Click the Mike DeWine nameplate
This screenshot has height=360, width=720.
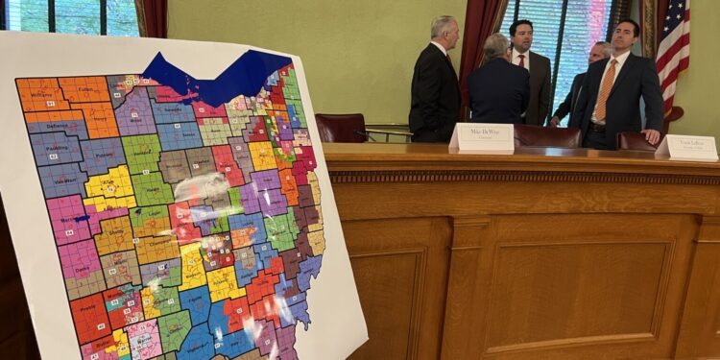click(482, 136)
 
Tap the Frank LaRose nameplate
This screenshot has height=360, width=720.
click(686, 147)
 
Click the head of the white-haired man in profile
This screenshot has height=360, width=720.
click(444, 31)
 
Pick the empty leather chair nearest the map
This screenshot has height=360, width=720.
click(341, 128)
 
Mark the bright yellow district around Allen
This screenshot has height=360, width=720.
click(108, 184)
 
